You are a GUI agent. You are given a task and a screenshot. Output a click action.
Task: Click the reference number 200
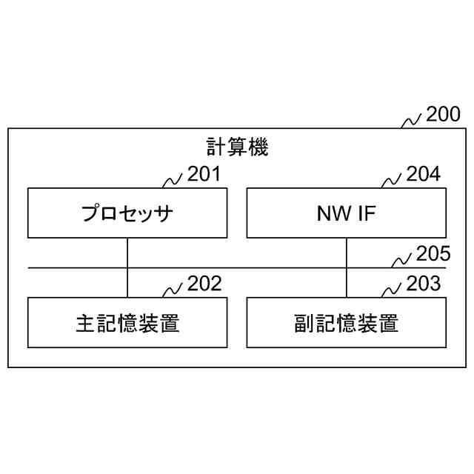[443, 114]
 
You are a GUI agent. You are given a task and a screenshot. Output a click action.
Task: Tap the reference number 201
[204, 175]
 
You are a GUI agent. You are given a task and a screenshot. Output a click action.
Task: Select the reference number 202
[204, 284]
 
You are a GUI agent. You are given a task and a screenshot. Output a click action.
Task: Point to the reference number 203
[423, 284]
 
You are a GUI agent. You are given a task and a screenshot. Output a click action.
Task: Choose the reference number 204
[423, 175]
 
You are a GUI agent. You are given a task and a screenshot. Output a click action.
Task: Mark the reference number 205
[433, 255]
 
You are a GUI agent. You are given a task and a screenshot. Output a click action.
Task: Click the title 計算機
[237, 147]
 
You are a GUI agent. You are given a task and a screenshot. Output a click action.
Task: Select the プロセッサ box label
[127, 215]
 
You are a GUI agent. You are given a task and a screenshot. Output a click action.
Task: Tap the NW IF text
[347, 215]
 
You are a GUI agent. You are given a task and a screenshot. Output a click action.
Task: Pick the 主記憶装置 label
[127, 323]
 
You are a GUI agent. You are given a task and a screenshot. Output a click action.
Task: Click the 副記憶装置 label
[347, 323]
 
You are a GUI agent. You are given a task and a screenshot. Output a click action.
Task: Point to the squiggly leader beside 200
[412, 121]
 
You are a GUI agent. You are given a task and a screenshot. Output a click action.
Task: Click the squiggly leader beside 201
[173, 180]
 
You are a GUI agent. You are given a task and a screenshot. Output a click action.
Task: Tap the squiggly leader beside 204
[392, 180]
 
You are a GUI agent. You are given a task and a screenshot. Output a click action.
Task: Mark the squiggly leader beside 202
[173, 289]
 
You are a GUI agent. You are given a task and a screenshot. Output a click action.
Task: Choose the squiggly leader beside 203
[392, 289]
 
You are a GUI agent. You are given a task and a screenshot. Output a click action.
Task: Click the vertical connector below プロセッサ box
[127, 267]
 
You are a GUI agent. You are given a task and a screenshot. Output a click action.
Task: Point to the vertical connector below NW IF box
[347, 267]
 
